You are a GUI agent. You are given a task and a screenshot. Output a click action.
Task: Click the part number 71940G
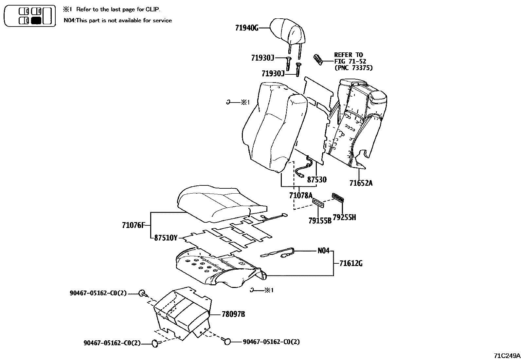coord(246,28)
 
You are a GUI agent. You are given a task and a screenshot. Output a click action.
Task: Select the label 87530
coord(316,180)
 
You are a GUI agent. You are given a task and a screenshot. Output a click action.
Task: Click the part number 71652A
coord(361,183)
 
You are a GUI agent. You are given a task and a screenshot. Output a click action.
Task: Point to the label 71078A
coord(301,196)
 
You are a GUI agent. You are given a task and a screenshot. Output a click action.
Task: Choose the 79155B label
coord(320,221)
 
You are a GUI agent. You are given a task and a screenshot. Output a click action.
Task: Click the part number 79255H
coord(344,218)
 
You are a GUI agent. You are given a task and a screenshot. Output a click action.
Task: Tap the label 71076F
coord(133,225)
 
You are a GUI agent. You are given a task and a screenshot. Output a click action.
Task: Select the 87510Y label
coord(166,238)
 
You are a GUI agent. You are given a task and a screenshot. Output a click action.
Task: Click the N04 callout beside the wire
coord(323,251)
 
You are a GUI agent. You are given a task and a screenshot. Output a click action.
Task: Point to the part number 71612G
coord(351,263)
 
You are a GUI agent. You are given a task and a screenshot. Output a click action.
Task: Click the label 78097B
coord(233,314)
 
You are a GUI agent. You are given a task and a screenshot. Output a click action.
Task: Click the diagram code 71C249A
coord(507,355)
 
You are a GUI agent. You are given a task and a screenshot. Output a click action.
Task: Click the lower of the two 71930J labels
coord(273,74)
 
